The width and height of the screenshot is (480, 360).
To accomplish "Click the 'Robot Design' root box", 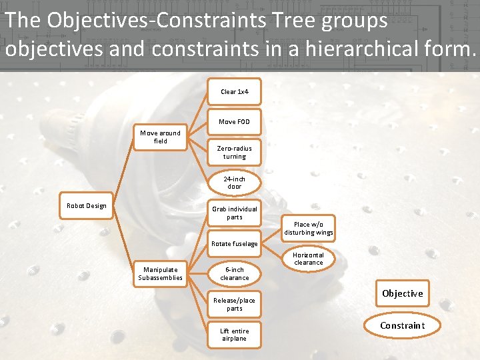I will tap(86, 206).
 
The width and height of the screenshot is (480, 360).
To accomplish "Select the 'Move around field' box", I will tap(160, 137).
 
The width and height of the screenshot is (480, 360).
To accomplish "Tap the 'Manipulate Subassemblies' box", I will tap(160, 274).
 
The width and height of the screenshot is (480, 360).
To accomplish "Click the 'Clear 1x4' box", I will tap(234, 91).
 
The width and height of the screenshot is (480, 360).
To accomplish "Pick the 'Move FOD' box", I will tap(234, 122).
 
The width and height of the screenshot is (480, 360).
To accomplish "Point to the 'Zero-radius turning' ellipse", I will tap(234, 153).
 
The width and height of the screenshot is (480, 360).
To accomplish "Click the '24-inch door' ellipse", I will tap(234, 183).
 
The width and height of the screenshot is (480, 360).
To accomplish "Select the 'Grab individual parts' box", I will tap(234, 213).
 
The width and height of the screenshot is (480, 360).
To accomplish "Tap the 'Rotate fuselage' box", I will tap(234, 244).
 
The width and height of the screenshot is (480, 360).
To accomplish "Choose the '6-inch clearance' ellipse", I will tap(234, 274).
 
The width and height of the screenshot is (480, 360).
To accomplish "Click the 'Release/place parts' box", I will tap(234, 305).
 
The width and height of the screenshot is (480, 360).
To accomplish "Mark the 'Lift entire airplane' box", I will tap(234, 335).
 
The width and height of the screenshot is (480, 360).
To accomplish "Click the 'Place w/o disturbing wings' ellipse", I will tap(308, 229).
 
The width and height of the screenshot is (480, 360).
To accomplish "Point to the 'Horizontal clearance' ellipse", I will tap(308, 259).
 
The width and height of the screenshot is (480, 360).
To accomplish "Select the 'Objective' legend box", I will tap(402, 293).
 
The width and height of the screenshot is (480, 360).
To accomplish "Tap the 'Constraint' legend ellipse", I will tap(402, 325).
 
